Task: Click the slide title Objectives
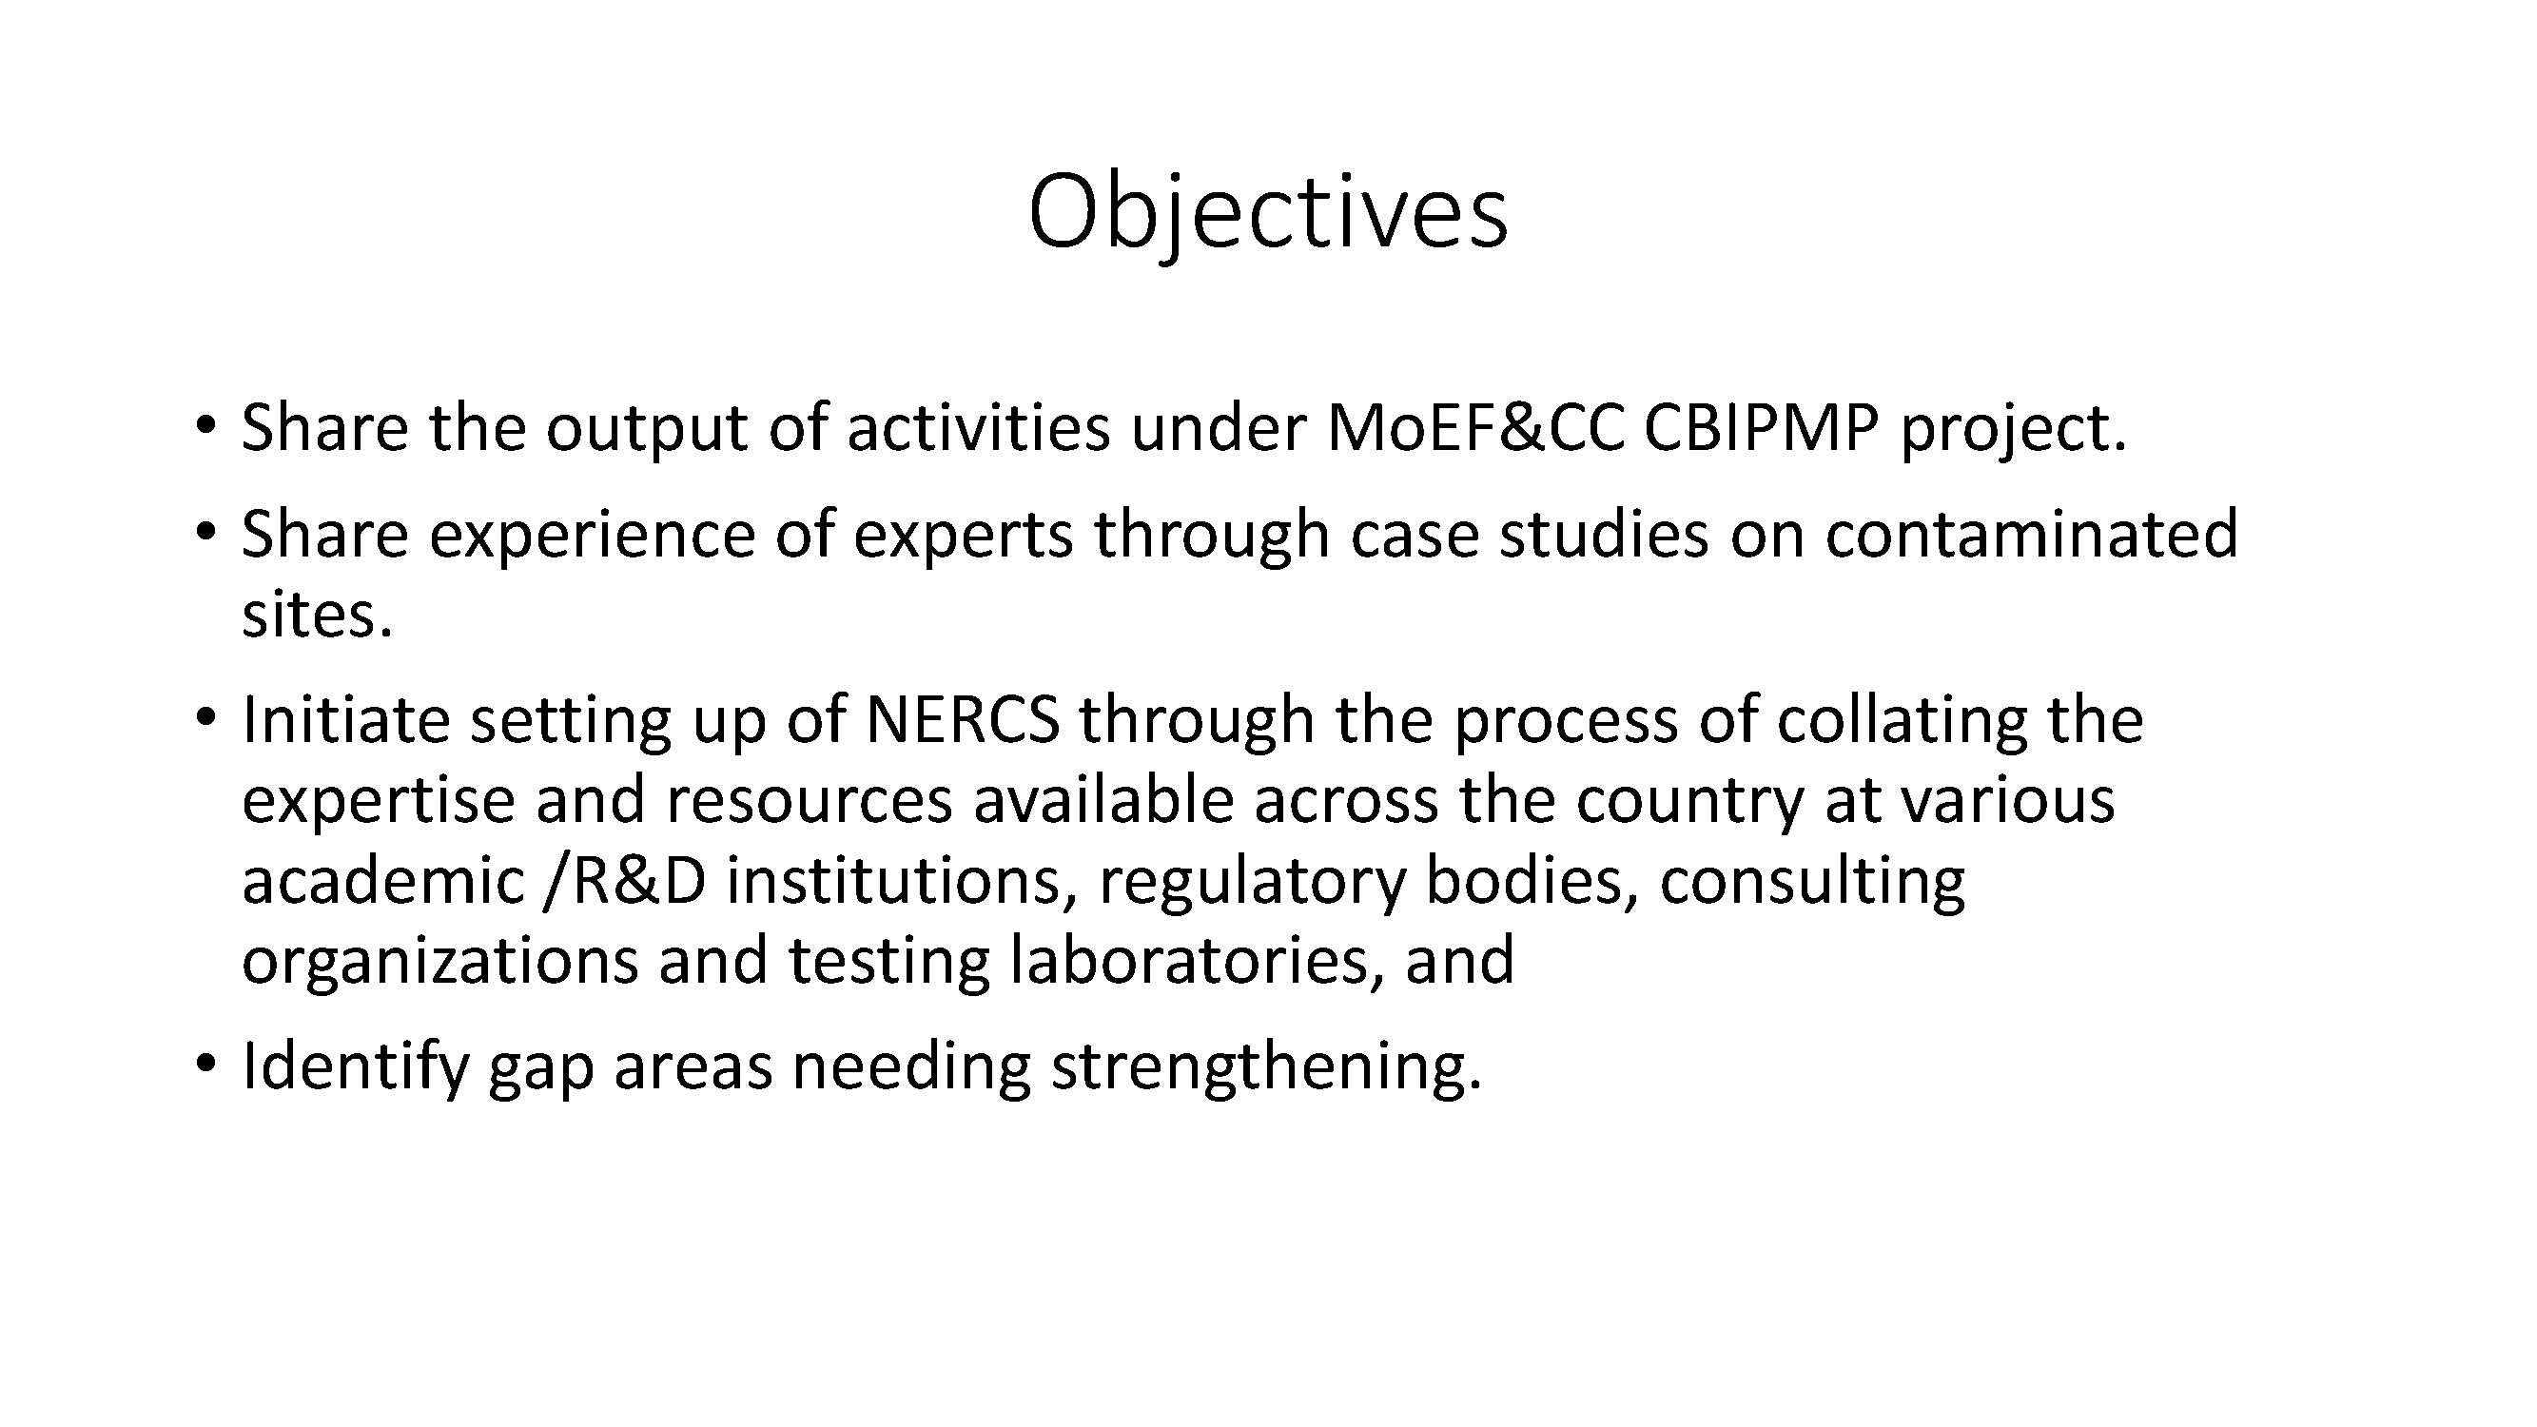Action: [1267, 212]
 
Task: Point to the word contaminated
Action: [2032, 534]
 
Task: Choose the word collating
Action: [1902, 721]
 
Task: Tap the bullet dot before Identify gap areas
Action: [205, 1065]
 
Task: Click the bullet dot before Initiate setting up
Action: [205, 717]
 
